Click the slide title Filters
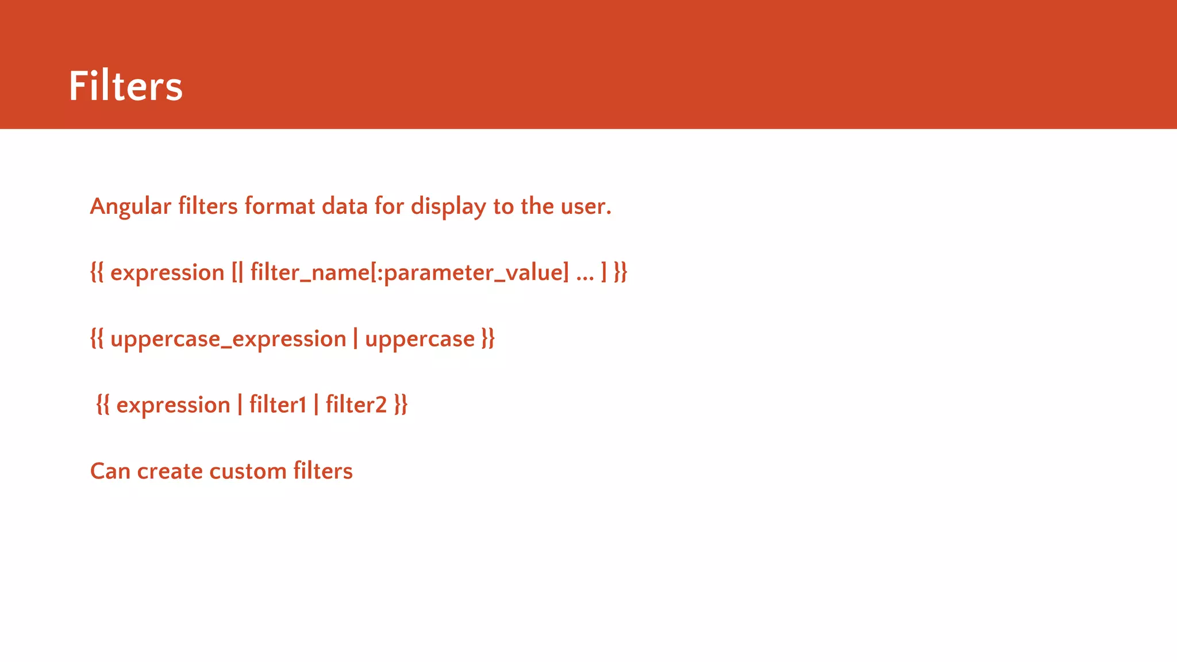click(125, 86)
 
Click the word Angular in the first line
click(130, 206)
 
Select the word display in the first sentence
click(448, 206)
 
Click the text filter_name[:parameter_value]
click(409, 272)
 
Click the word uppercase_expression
click(228, 339)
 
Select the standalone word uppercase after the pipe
click(420, 339)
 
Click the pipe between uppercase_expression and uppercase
click(356, 339)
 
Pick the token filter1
click(278, 405)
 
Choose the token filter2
click(356, 405)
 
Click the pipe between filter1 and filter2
click(316, 405)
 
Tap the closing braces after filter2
click(401, 405)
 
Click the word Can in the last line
click(110, 471)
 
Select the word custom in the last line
click(248, 471)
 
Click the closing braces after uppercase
click(488, 339)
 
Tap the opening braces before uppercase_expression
click(97, 339)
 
